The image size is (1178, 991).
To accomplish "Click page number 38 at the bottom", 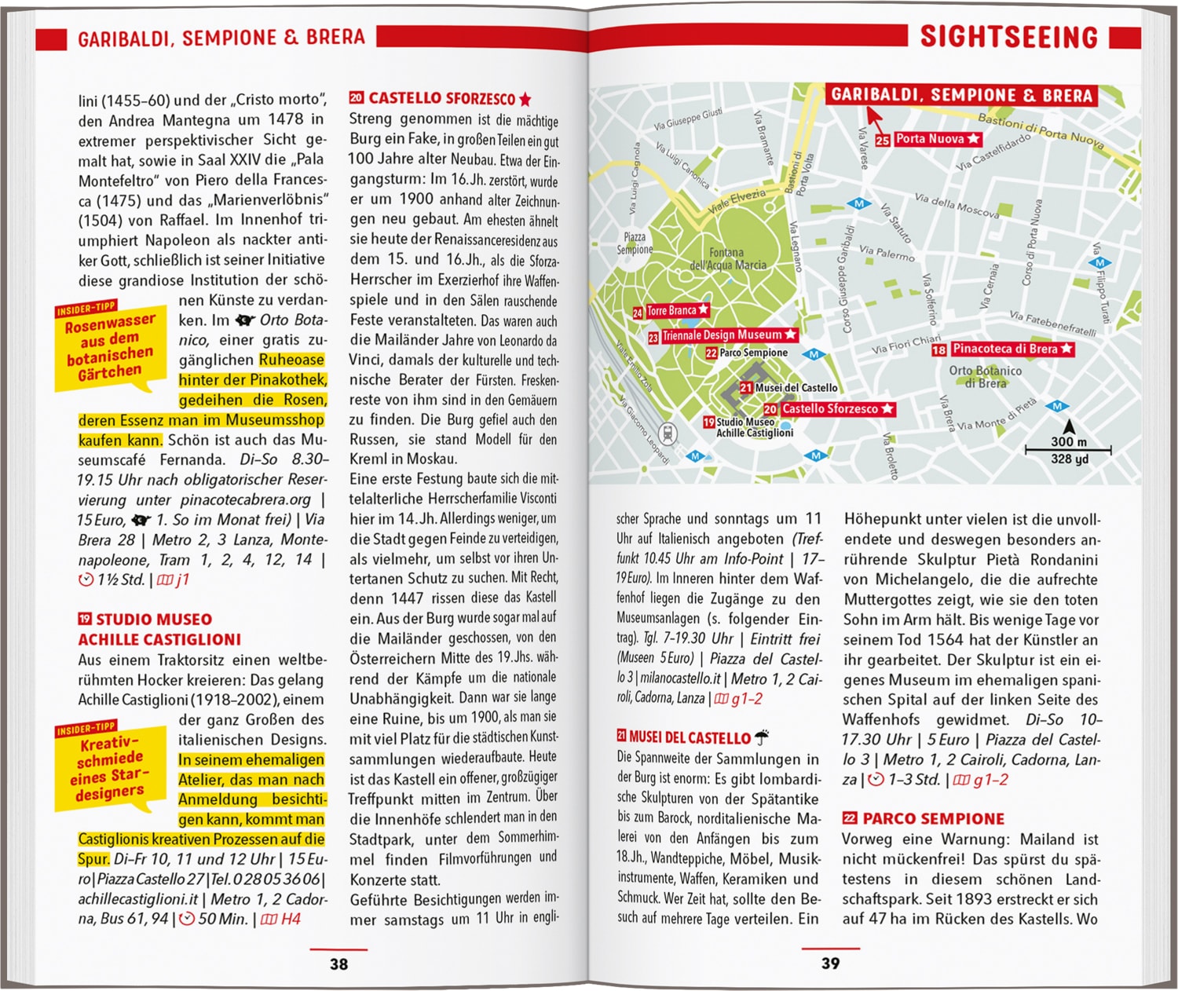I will (x=338, y=964).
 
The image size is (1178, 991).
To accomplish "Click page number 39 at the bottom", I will (x=830, y=963).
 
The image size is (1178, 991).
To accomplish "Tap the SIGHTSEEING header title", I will (x=1008, y=37).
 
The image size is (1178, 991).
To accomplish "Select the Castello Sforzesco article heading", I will (x=441, y=99).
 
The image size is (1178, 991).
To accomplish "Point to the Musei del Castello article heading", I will (x=690, y=738).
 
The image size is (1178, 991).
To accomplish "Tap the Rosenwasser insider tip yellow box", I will (x=110, y=346).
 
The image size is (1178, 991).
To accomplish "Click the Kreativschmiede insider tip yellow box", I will (x=110, y=767).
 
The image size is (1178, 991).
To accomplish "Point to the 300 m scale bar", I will (x=1068, y=450).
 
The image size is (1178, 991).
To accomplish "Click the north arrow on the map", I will (x=1068, y=427).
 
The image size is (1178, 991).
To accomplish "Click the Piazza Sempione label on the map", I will (x=634, y=243).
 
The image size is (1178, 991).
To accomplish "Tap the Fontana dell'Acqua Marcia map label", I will (x=727, y=259).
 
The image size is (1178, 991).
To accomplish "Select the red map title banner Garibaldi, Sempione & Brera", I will (x=961, y=96).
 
